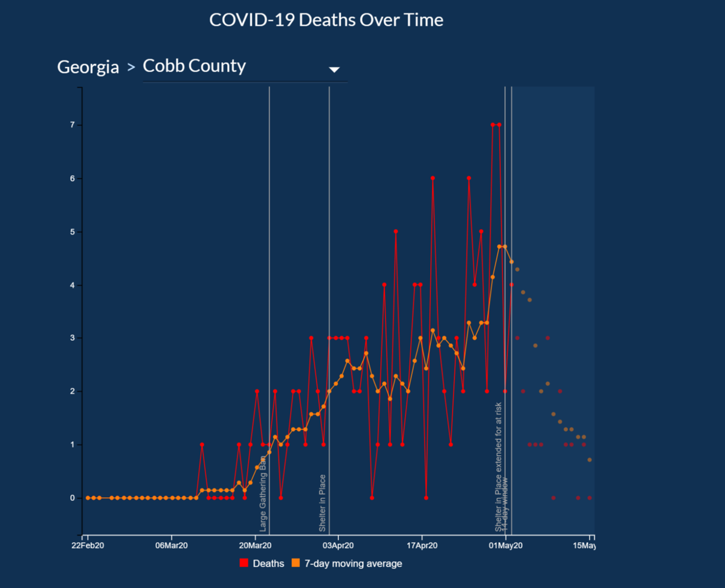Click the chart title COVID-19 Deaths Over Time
coord(326,20)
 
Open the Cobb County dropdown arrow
coord(334,69)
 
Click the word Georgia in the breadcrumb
coord(88,67)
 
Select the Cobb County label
coord(194,66)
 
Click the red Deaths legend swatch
coord(244,563)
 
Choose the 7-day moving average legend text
coord(353,563)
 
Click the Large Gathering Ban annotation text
coord(263,493)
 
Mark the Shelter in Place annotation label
coord(323,503)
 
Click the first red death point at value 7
coord(493,125)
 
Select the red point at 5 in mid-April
coord(396,231)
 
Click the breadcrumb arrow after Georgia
coord(131,68)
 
